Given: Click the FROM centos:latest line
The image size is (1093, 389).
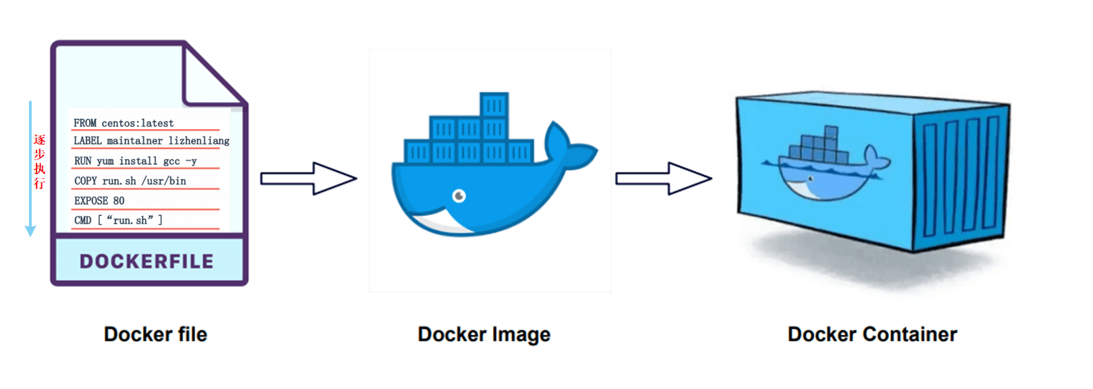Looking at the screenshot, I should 124,123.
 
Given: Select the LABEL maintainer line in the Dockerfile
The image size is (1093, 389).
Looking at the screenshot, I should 151,140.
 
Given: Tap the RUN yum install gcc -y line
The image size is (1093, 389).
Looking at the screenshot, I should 135,161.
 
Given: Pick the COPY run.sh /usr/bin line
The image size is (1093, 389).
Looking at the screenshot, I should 130,180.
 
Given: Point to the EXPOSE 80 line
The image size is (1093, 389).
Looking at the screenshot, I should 99,201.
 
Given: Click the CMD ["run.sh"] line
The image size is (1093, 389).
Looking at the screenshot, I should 118,220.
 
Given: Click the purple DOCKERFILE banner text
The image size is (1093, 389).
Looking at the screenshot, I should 147,261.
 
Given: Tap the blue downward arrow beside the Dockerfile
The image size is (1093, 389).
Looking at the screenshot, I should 30,169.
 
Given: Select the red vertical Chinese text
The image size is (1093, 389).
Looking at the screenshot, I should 40,161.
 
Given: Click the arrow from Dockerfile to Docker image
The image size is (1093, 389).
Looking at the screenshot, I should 308,178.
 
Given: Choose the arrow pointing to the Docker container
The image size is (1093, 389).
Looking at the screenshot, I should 663,178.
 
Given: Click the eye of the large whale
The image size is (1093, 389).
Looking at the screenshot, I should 459,196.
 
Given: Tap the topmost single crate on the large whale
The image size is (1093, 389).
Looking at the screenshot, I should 494,105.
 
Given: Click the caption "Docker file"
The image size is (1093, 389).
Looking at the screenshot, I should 155,334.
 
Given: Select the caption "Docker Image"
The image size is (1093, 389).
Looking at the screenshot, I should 484,334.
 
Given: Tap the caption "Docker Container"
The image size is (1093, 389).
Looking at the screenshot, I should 872,334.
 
